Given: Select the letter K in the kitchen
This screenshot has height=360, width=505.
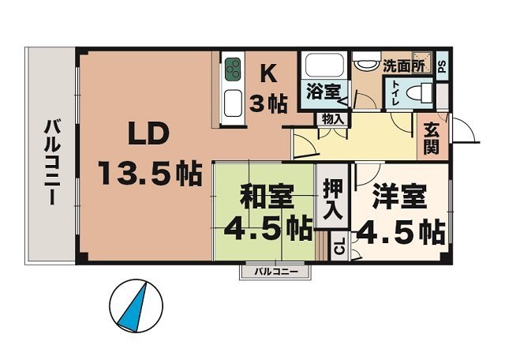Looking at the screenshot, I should pyautogui.click(x=268, y=75).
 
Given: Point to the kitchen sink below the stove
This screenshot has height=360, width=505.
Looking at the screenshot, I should pyautogui.click(x=234, y=103).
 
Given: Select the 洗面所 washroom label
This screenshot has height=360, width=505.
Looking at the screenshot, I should pyautogui.click(x=403, y=66).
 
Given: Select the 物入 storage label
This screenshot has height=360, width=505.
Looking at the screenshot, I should pyautogui.click(x=333, y=119).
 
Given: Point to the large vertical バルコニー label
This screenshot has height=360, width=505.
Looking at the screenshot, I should pyautogui.click(x=52, y=161).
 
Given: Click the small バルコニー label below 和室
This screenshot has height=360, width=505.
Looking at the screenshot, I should pyautogui.click(x=275, y=272).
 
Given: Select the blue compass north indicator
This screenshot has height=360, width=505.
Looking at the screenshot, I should pyautogui.click(x=134, y=307).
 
